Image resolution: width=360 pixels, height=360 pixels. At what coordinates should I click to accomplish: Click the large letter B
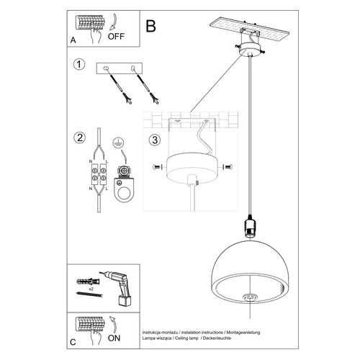[150, 27]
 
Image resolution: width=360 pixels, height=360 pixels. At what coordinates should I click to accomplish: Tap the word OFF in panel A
[116, 34]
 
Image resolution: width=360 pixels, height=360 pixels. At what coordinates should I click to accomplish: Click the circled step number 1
[79, 66]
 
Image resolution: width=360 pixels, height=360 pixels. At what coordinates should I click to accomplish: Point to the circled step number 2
[79, 137]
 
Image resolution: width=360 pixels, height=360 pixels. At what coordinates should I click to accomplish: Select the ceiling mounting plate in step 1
[120, 70]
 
